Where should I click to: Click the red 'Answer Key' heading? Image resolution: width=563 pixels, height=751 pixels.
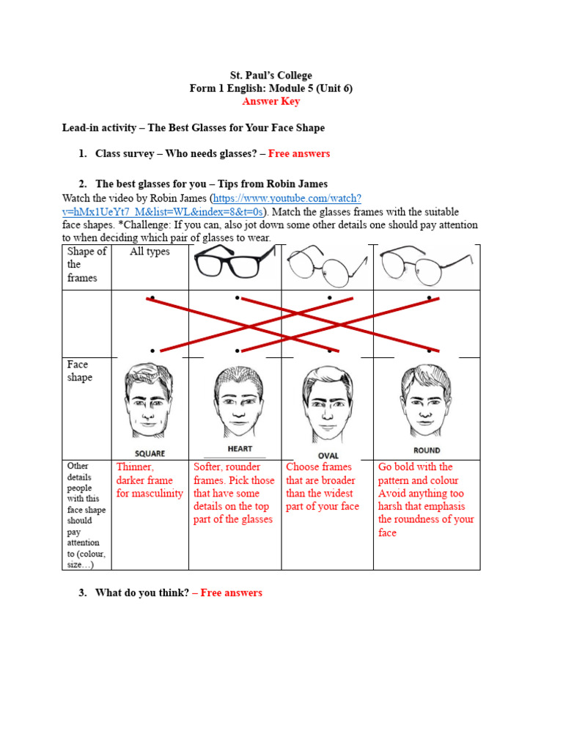[271, 101]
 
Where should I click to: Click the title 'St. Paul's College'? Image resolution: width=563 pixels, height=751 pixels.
[271, 75]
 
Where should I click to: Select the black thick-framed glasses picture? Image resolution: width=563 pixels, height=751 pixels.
[235, 260]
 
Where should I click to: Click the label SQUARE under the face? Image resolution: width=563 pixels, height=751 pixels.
[150, 453]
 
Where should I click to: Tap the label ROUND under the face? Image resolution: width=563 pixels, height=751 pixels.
[427, 450]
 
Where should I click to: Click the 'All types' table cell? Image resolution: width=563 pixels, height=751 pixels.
[150, 252]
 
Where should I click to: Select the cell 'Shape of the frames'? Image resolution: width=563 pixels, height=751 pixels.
[87, 264]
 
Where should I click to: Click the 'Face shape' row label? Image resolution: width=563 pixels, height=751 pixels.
[79, 371]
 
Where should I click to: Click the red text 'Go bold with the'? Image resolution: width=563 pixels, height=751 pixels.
[415, 467]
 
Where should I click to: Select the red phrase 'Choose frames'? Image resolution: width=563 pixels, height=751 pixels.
[319, 467]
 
